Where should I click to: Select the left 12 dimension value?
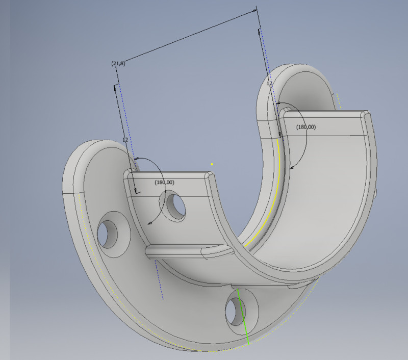click(x=125, y=139)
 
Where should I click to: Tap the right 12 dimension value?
click(x=269, y=83)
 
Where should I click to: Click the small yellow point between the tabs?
click(x=212, y=164)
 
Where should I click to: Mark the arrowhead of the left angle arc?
click(x=149, y=223)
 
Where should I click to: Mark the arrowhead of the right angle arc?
click(x=291, y=167)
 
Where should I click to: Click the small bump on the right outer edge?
click(x=376, y=194)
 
